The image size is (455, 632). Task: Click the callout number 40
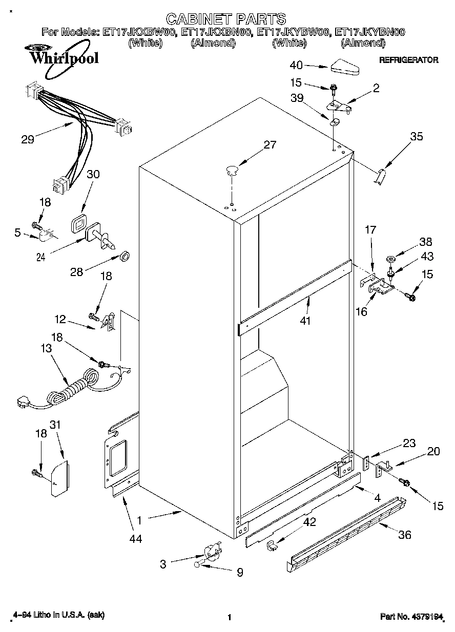pos(296,65)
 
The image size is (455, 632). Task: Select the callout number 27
pos(270,145)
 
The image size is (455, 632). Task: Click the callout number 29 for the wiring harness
pos(28,138)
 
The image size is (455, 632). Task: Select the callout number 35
pos(417,137)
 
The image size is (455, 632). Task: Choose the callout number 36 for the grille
pos(405,535)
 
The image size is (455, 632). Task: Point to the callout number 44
pos(136,539)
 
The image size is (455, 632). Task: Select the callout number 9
pos(240,573)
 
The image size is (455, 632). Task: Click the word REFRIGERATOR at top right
pos(408,60)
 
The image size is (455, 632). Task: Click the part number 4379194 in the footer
pos(426,617)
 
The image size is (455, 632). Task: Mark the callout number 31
pos(56,425)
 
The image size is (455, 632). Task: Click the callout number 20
pos(433,451)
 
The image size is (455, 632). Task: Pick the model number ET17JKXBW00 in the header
pos(139,32)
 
